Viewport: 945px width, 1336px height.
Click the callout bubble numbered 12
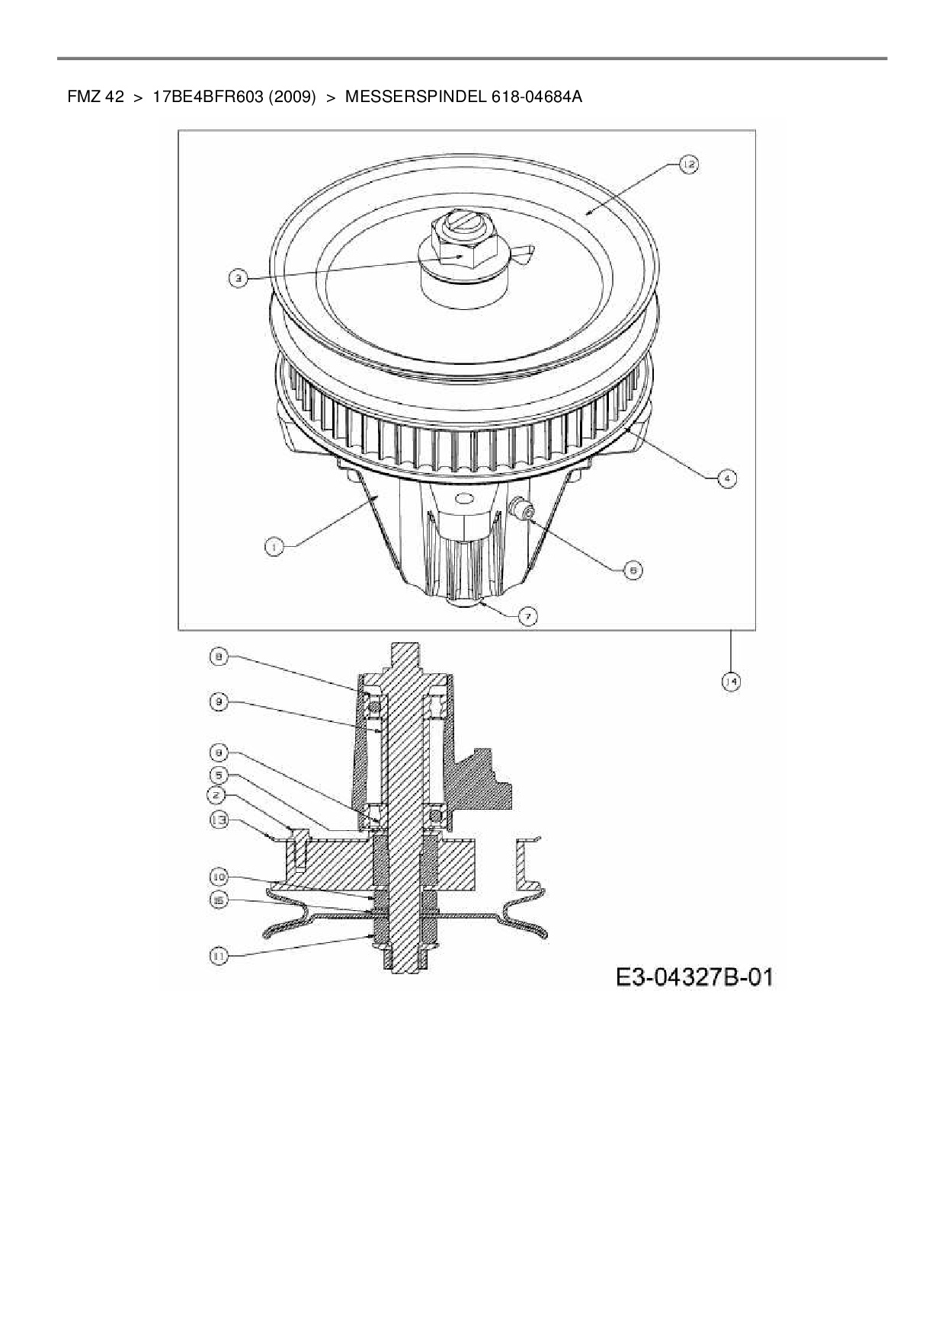point(687,165)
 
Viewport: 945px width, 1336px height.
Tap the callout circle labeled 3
point(239,279)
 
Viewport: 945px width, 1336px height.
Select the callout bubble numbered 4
point(727,478)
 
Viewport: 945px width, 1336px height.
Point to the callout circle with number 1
point(274,545)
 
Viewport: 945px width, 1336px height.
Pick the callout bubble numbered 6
point(633,569)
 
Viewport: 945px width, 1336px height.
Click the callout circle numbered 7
point(527,615)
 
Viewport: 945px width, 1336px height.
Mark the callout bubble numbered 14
point(731,682)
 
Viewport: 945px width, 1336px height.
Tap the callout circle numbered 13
point(219,820)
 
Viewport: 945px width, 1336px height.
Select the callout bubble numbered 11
point(219,956)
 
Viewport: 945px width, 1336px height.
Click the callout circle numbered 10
point(219,877)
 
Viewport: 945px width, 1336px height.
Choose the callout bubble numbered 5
point(219,775)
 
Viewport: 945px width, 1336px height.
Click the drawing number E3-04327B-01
point(694,976)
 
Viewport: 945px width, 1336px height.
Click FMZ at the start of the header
point(84,97)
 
